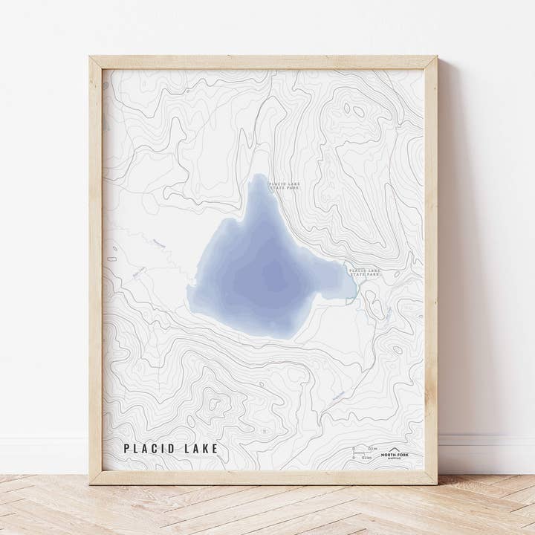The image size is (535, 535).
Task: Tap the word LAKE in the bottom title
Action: (202, 448)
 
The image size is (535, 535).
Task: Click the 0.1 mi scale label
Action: (372, 450)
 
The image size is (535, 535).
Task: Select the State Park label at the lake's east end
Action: (364, 273)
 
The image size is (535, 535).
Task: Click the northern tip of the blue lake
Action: (258, 176)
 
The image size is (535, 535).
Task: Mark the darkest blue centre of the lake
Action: (269, 279)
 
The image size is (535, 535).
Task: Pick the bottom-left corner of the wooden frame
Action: (91, 483)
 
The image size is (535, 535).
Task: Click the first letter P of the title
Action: (127, 448)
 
